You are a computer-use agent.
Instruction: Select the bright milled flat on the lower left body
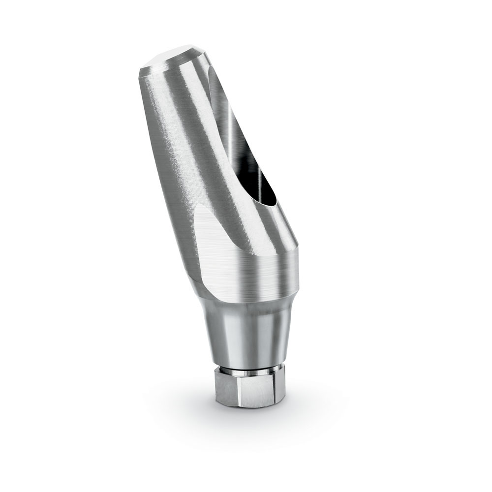(216, 246)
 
